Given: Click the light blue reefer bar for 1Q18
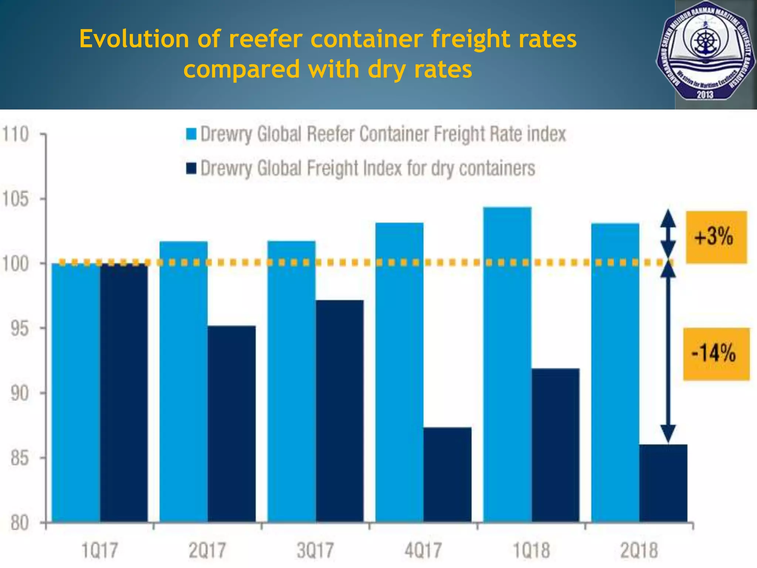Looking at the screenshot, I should (x=507, y=364).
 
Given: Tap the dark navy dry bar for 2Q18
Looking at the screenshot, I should (x=663, y=483).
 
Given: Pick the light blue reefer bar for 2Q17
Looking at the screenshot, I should (x=183, y=381).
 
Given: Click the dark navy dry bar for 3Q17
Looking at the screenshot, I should (x=339, y=410).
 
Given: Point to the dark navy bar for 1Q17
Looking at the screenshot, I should (x=123, y=392).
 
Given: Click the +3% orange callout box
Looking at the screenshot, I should (x=716, y=237).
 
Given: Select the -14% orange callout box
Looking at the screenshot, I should (x=716, y=354).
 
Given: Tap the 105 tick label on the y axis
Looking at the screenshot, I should (x=16, y=199).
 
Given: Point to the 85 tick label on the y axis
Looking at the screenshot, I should (x=19, y=459).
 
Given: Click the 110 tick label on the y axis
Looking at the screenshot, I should (x=16, y=134).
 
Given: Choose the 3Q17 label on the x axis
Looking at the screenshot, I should (x=315, y=550).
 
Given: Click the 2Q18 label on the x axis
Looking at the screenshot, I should (x=639, y=550).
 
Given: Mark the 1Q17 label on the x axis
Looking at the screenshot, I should (x=99, y=550).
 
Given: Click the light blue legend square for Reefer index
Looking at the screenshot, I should (x=191, y=134).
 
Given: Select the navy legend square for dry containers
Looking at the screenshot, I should (x=191, y=168).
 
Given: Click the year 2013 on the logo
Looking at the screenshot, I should (x=705, y=94).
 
